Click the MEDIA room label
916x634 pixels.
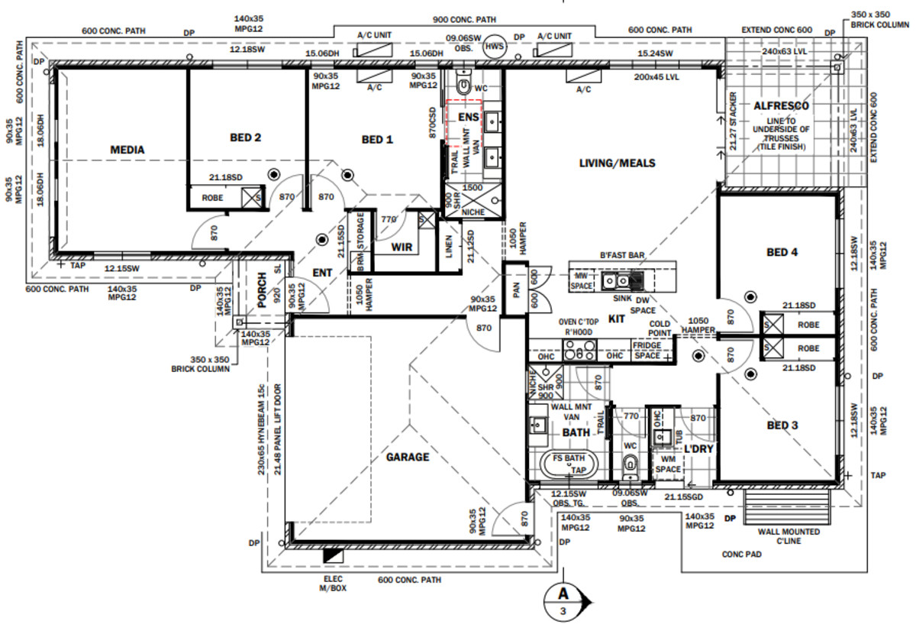tap(127, 150)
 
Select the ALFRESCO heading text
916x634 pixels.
tap(780, 105)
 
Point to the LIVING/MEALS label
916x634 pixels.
tap(617, 163)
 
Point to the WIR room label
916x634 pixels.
tap(402, 247)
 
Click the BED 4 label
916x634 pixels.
tap(782, 252)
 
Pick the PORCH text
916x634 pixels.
tap(263, 290)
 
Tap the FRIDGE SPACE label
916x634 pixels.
tap(647, 351)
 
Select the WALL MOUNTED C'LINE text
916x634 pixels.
tap(789, 536)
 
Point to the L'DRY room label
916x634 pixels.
tap(698, 449)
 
